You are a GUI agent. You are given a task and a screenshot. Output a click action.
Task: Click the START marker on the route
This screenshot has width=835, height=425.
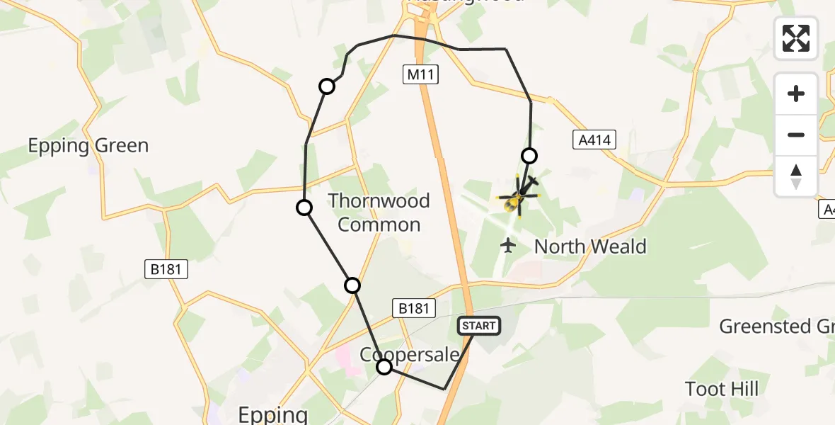coord(479,325)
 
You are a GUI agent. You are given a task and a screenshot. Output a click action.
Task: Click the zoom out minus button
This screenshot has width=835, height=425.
coord(796,135)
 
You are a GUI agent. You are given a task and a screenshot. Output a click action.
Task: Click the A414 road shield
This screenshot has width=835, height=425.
coord(593,140)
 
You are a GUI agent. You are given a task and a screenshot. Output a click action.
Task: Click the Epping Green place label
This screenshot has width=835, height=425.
coord(88,146)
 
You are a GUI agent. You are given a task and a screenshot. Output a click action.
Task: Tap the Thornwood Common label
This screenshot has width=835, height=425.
coord(379,212)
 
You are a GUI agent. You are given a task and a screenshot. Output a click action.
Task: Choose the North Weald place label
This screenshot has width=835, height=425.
coord(590,246)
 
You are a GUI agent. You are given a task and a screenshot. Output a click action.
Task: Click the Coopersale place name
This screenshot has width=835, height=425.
coord(410,355)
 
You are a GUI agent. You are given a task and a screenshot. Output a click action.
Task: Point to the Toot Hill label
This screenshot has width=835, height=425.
coord(722,389)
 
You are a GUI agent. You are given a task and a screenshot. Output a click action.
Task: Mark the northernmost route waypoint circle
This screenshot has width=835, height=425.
coord(327,86)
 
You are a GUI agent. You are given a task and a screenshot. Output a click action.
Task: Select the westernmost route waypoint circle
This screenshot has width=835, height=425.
coord(304,208)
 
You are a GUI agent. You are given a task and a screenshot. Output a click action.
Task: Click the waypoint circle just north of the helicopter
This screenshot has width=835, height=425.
coord(529,156)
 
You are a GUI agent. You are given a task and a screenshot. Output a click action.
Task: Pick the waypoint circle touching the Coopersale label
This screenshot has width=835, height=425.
coord(384,367)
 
